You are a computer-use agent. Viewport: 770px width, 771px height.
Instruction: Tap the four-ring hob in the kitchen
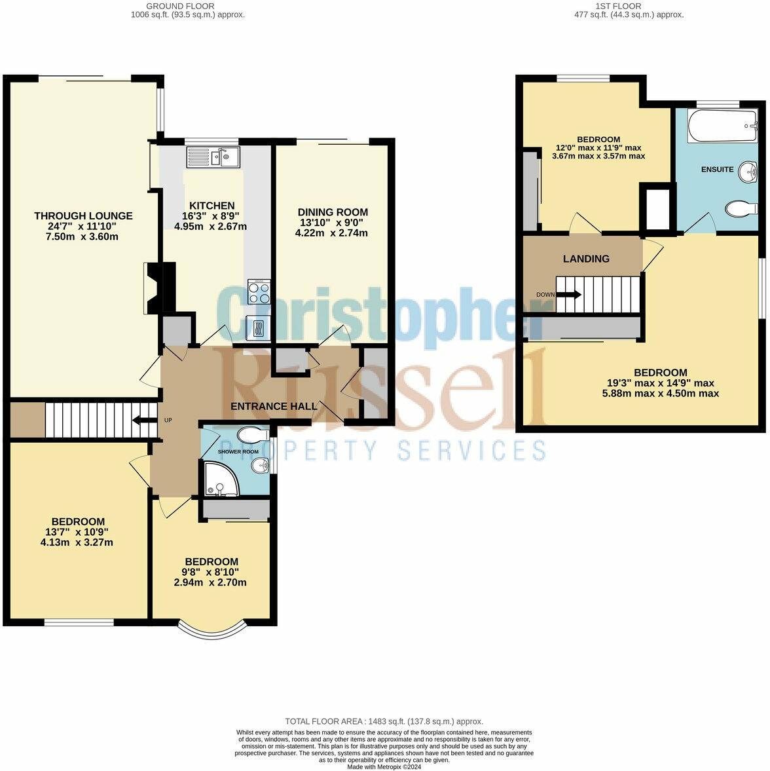[259, 291]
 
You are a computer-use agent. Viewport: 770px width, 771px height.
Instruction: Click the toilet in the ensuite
[741, 208]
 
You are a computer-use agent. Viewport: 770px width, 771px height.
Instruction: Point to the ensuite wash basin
[748, 155]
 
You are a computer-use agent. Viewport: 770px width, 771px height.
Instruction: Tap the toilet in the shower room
[252, 436]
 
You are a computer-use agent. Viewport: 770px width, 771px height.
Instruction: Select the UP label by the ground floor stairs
[168, 420]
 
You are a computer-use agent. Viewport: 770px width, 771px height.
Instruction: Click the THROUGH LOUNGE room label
[83, 216]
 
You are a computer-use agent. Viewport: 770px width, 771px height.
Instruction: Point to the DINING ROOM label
[333, 212]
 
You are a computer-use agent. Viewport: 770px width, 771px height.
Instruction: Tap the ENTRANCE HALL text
[274, 406]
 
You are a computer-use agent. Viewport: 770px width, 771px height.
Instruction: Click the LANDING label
[586, 259]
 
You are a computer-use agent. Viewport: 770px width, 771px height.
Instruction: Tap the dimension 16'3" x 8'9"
[214, 216]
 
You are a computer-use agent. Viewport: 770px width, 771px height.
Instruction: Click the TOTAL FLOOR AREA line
[384, 721]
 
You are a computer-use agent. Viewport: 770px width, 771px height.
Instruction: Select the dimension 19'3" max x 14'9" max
[660, 383]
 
